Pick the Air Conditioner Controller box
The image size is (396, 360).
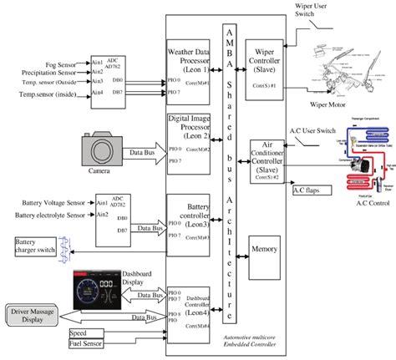(x=266, y=159)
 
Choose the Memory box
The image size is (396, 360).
(x=266, y=250)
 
